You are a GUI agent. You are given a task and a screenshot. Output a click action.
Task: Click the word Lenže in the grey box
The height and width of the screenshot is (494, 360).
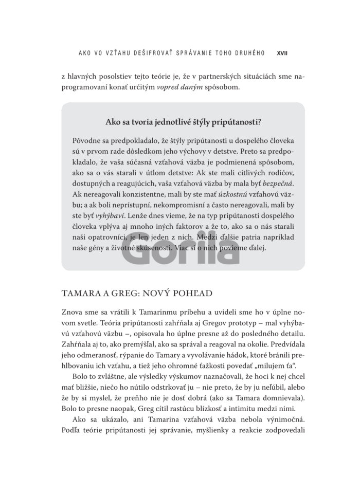(134, 217)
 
